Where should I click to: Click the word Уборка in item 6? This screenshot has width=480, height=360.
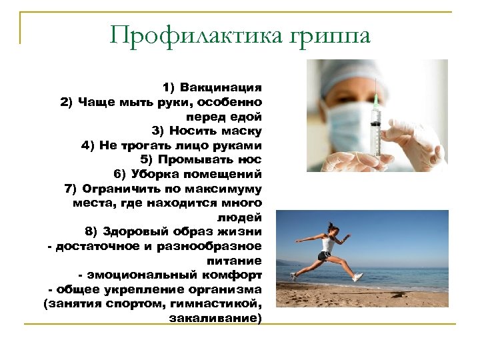point(154,175)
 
